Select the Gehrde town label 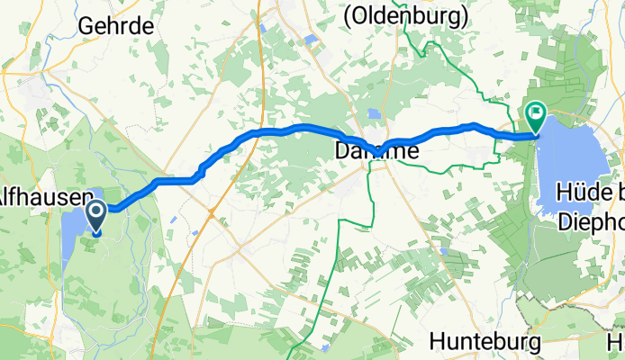coord(115,26)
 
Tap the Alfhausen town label coord(43,196)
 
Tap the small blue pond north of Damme coord(372,113)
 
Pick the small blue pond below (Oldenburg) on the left coord(311,40)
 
